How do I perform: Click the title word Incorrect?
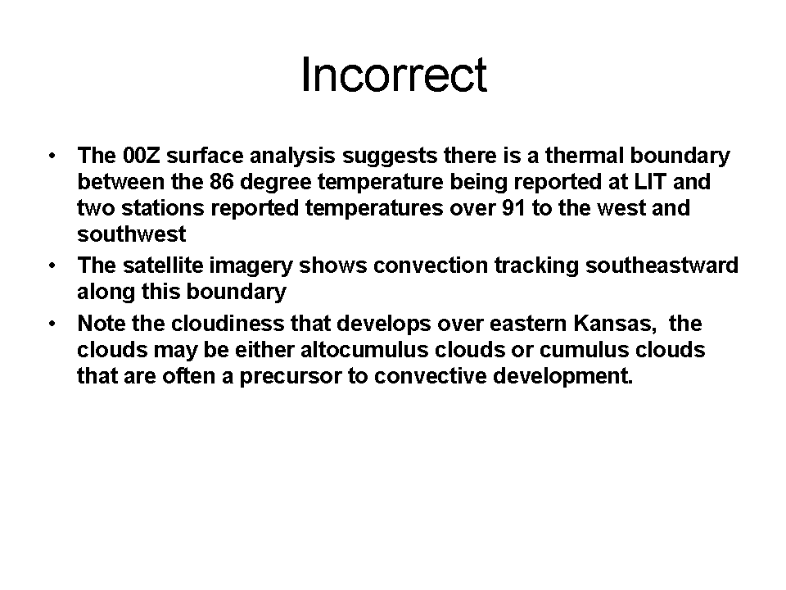click(394, 75)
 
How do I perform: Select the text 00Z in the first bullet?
click(142, 156)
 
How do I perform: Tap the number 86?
click(222, 182)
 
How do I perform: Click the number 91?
click(513, 207)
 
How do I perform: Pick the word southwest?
click(131, 234)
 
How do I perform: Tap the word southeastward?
click(662, 265)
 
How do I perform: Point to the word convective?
click(430, 376)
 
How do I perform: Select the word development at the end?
click(563, 376)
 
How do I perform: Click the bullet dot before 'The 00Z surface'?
click(52, 156)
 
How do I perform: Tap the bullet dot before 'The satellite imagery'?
click(52, 265)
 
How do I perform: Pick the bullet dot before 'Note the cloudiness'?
click(52, 324)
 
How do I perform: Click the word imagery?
click(251, 266)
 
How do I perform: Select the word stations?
click(163, 207)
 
